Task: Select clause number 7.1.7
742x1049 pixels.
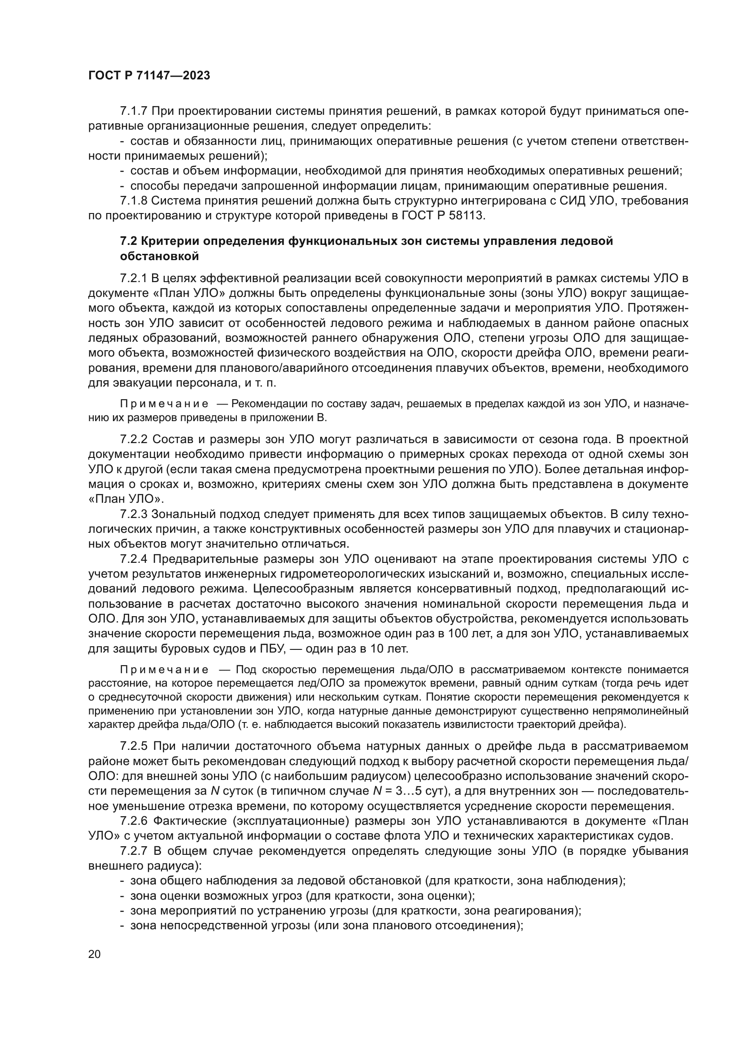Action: (x=133, y=111)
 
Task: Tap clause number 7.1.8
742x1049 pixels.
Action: (x=133, y=200)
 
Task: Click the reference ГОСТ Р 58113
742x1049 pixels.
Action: (x=442, y=216)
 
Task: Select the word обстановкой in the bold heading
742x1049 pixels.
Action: (x=159, y=257)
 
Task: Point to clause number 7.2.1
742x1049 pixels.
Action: (x=133, y=278)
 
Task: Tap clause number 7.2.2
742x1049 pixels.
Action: (x=133, y=440)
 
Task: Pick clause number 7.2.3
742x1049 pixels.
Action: (x=133, y=514)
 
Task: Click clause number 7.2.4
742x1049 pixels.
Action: (x=133, y=559)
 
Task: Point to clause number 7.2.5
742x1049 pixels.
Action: (x=133, y=746)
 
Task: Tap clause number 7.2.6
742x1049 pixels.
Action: (x=133, y=821)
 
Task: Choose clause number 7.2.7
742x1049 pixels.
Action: (x=133, y=851)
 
